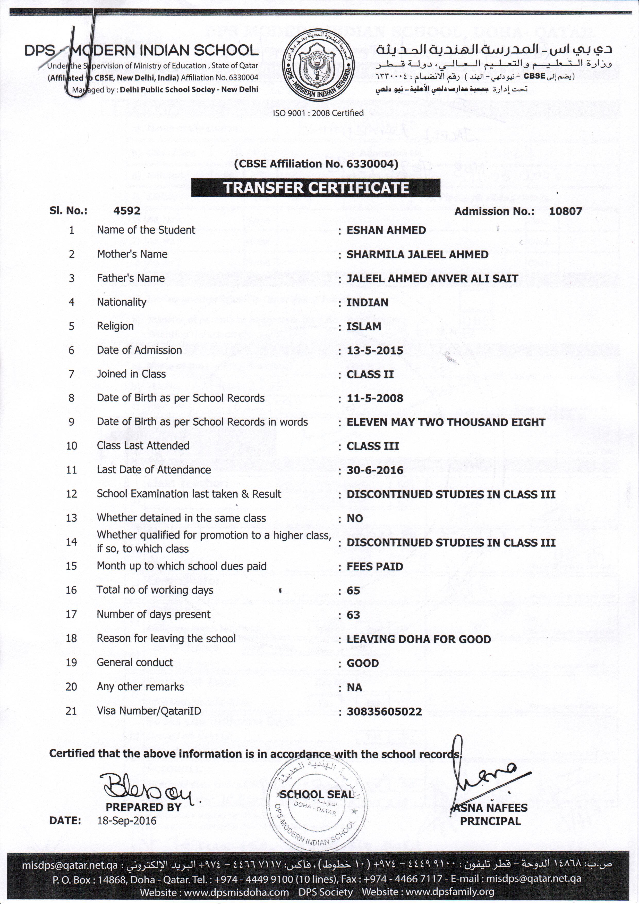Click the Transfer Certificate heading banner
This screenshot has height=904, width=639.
(315, 188)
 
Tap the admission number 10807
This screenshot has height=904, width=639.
(565, 211)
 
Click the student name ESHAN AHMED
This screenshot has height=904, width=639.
(386, 230)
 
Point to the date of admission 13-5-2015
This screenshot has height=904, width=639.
(374, 350)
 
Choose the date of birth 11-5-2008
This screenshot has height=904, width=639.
(374, 399)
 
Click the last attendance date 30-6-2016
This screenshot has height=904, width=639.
(374, 470)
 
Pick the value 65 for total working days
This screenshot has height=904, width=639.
(353, 591)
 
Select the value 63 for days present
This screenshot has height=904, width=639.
(353, 615)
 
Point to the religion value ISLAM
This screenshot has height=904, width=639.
(358, 326)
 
